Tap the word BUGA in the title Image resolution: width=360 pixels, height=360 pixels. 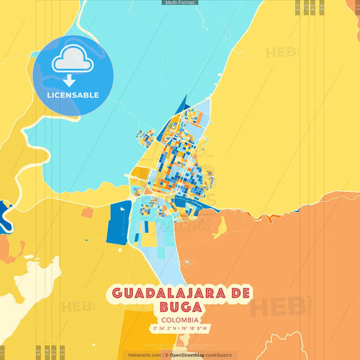pos(180,307)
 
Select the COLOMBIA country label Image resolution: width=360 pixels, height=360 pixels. pos(180,319)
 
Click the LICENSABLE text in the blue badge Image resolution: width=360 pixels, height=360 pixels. pos(73,95)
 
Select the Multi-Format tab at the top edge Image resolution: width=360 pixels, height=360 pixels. pos(180,3)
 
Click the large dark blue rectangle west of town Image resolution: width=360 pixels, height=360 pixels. pos(119,222)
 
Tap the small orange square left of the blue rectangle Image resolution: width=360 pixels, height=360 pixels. pos(87,213)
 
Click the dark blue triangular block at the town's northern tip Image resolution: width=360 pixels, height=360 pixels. pos(180,107)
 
